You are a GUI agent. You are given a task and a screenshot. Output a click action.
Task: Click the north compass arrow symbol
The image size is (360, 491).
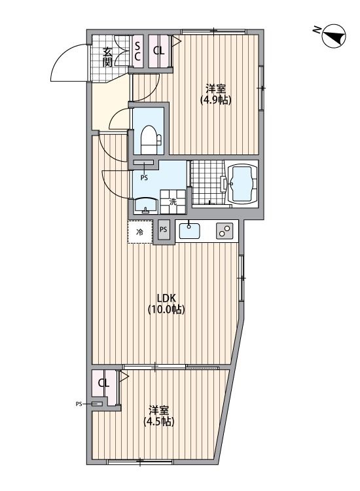pyautogui.click(x=333, y=36)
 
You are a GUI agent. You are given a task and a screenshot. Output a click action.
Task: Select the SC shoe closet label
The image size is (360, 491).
pyautogui.click(x=138, y=51)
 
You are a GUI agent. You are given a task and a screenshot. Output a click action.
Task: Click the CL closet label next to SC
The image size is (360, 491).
pyautogui.click(x=158, y=51)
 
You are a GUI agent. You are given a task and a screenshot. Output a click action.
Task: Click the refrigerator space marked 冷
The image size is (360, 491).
pyautogui.click(x=139, y=232)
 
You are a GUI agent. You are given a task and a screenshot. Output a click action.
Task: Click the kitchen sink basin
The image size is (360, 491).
pyautogui.click(x=190, y=230)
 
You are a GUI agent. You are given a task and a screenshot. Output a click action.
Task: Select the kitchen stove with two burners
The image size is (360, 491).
pyautogui.click(x=225, y=231)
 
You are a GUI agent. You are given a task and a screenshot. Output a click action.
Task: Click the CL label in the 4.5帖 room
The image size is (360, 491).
pyautogui.click(x=103, y=383)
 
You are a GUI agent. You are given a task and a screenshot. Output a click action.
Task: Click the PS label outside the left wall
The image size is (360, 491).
pyautogui.click(x=79, y=405)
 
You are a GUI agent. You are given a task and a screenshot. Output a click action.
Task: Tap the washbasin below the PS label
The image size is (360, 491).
pyautogui.click(x=145, y=207)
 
